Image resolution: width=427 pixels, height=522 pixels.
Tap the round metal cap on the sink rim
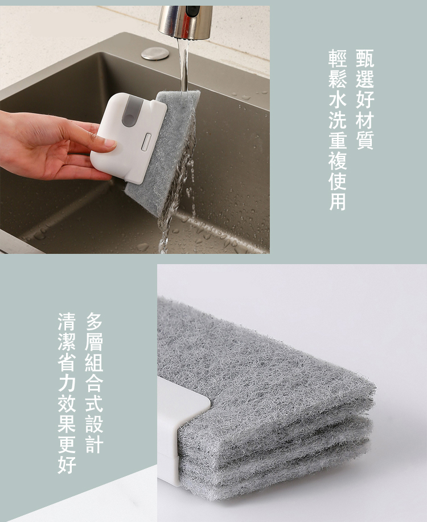click(155, 54)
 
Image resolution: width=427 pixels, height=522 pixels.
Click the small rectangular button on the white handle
click(146, 139)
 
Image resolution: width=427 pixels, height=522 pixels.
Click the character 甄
click(365, 59)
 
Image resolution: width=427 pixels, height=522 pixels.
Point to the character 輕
click(338, 59)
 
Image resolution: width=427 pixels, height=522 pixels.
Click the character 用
click(338, 202)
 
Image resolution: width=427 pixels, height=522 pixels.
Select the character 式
click(94, 404)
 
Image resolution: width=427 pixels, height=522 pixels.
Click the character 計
click(94, 444)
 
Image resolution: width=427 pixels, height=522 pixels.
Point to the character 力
click(67, 383)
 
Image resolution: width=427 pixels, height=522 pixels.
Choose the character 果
click(67, 424)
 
